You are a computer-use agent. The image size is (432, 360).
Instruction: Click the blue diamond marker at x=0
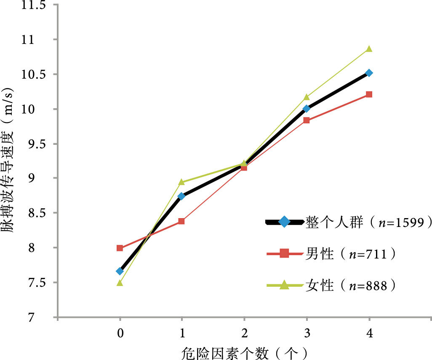pos(120,271)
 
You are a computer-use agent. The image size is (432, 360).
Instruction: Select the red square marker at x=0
pos(120,248)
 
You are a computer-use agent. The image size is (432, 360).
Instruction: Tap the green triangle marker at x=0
pos(120,283)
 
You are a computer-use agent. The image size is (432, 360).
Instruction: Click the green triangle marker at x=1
pos(181,182)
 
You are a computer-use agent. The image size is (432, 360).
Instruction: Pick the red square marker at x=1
pos(181,221)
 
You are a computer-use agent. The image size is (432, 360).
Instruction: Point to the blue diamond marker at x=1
pos(181,196)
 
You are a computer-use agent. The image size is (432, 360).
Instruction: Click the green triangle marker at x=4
pos(369,49)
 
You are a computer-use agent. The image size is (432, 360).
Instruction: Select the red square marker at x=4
pos(369,94)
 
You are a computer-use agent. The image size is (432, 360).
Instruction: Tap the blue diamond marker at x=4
pos(369,73)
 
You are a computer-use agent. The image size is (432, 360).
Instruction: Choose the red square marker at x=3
pos(307,120)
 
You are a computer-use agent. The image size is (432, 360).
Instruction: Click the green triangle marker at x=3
pos(307,97)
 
